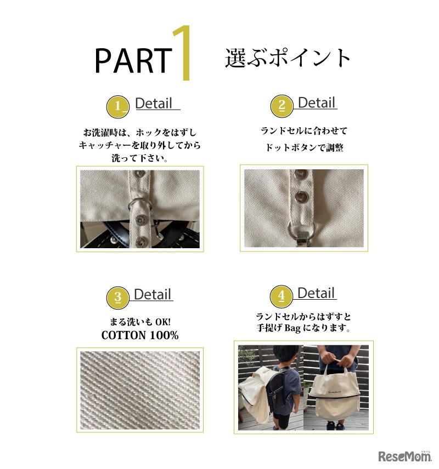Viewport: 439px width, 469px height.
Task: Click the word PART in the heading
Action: click(134, 60)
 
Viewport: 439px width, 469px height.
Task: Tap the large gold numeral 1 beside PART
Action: click(183, 53)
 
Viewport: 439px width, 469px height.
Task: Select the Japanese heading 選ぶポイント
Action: click(288, 58)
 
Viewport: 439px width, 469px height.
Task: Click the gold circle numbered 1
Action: click(118, 106)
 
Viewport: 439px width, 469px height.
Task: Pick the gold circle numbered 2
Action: click(282, 106)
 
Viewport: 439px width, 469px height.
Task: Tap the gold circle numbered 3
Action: click(118, 298)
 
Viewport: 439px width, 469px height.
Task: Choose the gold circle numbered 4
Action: click(281, 296)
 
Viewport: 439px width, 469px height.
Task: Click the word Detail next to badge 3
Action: click(153, 294)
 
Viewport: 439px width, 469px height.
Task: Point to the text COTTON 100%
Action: click(140, 335)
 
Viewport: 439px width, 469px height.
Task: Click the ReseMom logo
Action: click(405, 456)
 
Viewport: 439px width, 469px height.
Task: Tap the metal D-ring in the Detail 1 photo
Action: click(139, 204)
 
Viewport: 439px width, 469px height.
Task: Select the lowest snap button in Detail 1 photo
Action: click(139, 242)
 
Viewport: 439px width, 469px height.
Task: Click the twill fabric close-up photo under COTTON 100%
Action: click(140, 390)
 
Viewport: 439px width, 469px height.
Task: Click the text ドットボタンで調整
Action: click(304, 147)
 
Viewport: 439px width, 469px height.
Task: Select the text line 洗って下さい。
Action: click(140, 158)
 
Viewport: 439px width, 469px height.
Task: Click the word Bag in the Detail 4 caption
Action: click(292, 328)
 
